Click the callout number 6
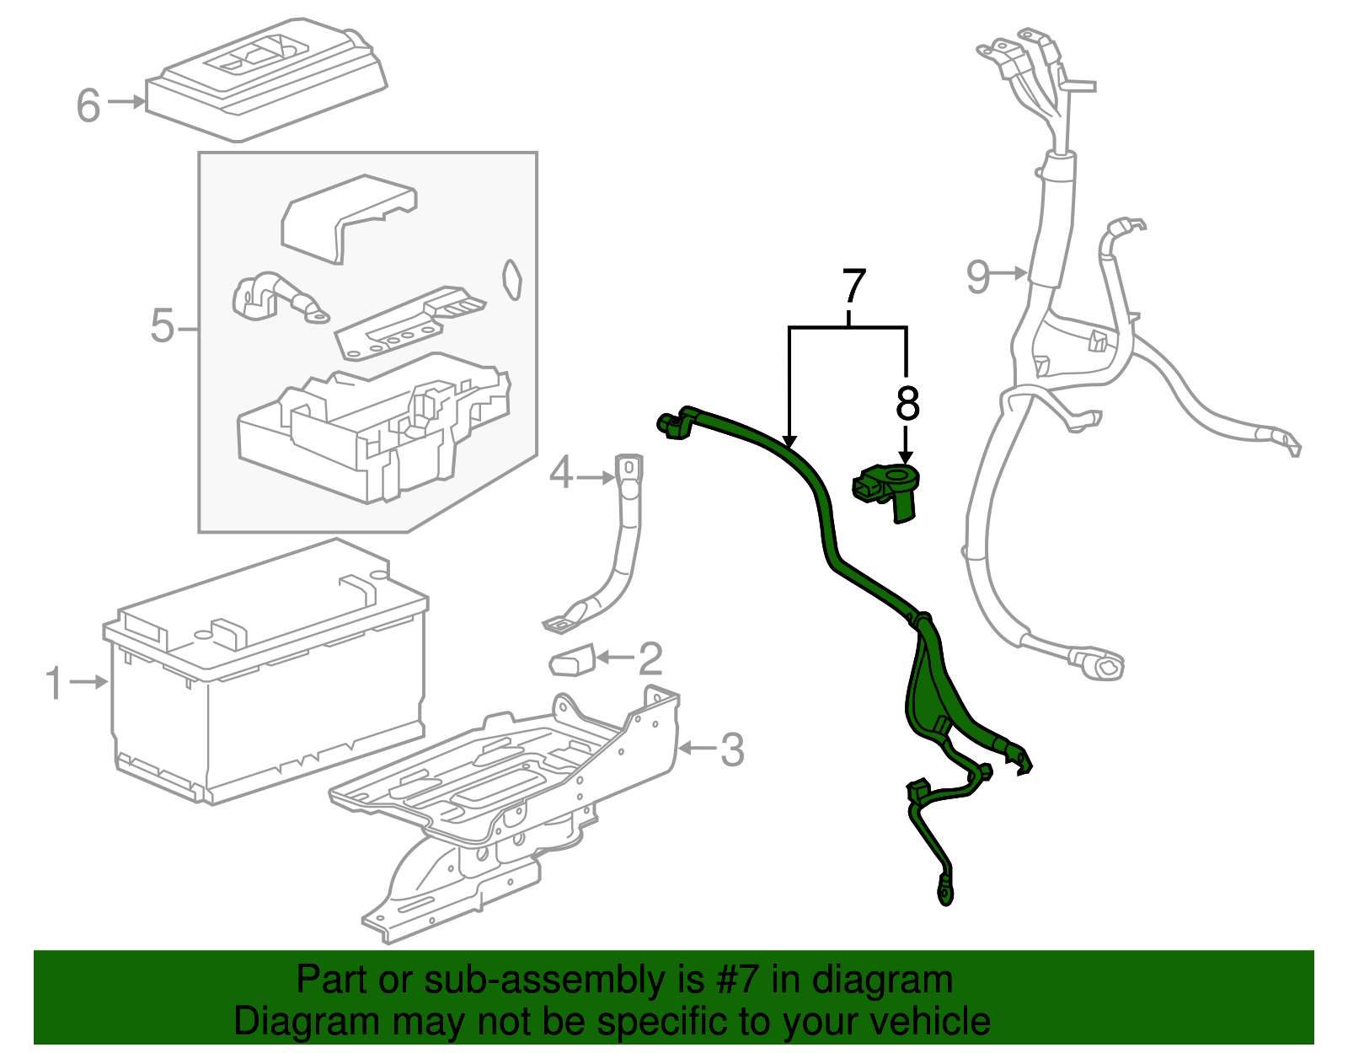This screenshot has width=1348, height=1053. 88,105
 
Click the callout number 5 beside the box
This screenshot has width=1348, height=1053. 163,325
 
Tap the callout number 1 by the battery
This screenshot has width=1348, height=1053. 54,683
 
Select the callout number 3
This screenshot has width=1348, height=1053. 732,749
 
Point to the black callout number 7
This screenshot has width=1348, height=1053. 854,287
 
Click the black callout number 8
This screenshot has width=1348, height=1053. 907,405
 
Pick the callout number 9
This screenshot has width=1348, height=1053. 977,276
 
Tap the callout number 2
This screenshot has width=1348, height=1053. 650,658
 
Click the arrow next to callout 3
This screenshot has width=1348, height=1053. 697,748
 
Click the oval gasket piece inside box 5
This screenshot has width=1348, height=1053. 511,279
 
